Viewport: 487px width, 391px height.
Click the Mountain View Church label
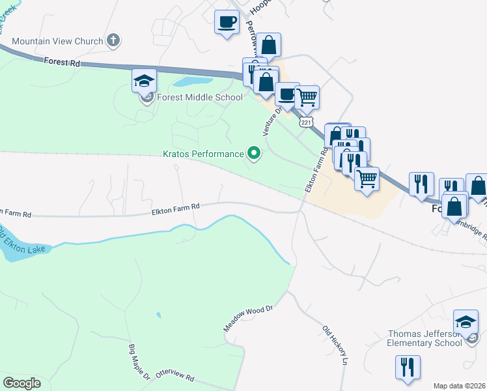(57, 41)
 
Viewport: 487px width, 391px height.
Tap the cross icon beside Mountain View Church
(113, 40)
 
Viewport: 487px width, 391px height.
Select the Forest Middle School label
(199, 98)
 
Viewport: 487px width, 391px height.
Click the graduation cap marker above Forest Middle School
(145, 81)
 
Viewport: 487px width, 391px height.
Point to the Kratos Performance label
(203, 154)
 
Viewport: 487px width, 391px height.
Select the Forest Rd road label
(63, 63)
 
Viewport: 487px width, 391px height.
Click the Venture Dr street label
(271, 121)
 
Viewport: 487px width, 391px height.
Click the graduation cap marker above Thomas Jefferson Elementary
(466, 322)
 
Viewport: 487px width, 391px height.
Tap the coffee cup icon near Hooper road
(227, 22)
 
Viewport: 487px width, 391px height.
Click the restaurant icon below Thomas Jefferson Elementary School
(408, 367)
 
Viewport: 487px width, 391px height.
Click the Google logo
(21, 383)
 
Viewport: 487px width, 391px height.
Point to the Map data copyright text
(460, 386)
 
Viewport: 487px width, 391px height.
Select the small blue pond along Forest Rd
(191, 82)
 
